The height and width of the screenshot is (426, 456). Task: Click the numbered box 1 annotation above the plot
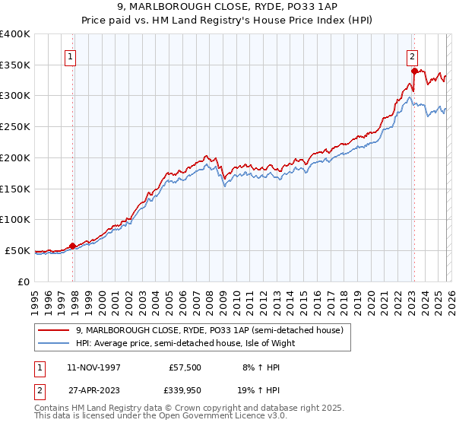(x=70, y=56)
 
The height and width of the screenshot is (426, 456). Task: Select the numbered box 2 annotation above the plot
(x=412, y=56)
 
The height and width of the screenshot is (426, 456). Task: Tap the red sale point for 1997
(x=73, y=246)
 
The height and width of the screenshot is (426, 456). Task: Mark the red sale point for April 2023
(x=414, y=71)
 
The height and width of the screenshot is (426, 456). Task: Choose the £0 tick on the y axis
(x=23, y=281)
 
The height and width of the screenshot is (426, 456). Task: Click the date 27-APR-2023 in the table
(x=93, y=390)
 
